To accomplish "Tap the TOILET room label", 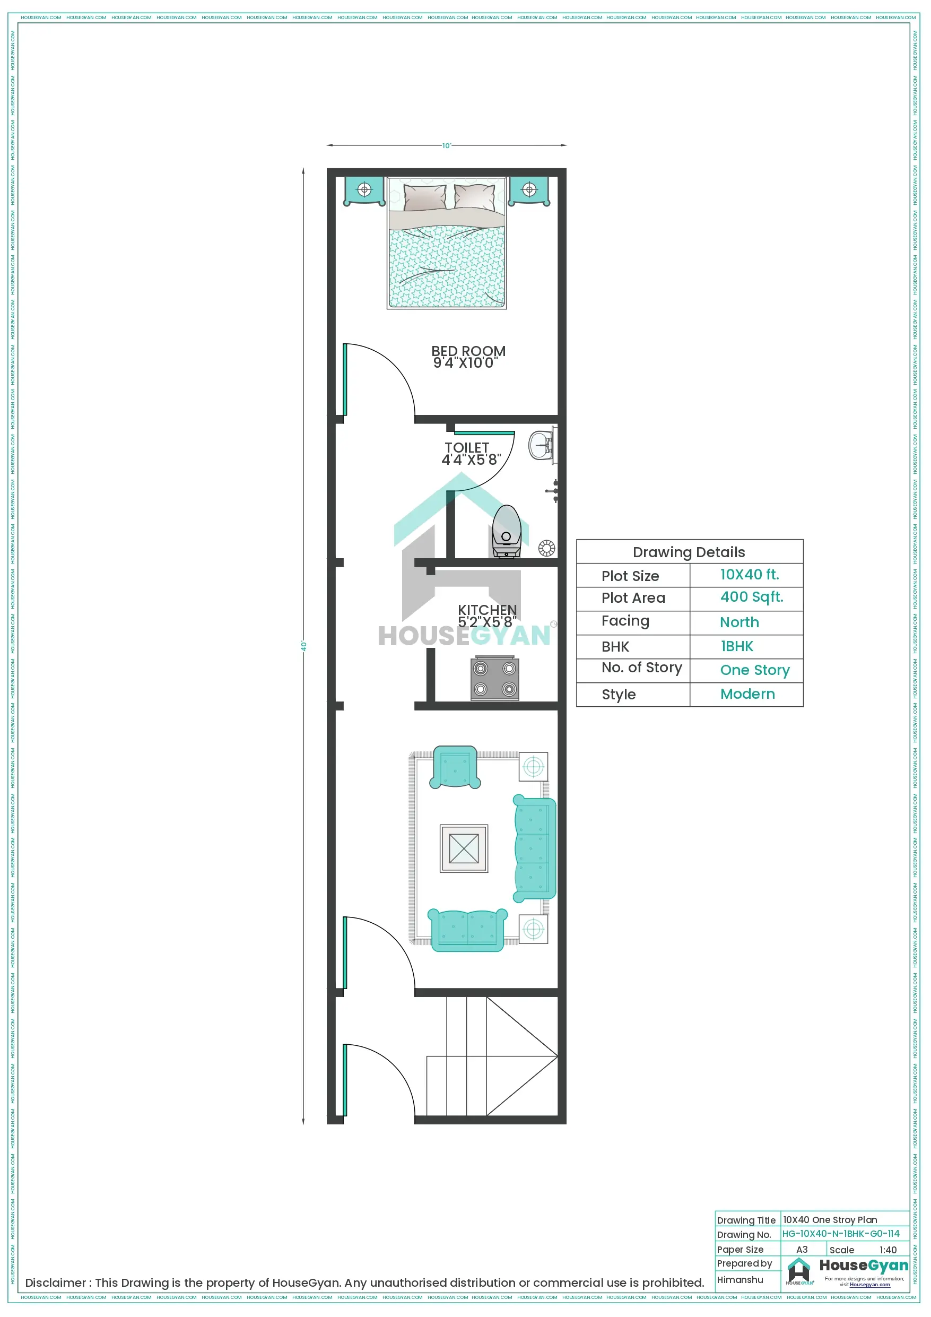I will coord(467,448).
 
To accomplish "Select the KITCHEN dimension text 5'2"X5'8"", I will coord(486,622).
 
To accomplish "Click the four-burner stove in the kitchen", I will coord(494,679).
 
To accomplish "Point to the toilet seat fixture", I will coord(507,530).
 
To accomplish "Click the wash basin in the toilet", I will coord(541,445).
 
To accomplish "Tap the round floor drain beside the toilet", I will coord(546,548).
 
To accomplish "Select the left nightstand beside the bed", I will coord(364,190).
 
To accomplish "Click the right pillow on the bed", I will coord(475,197).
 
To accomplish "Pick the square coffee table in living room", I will coord(464,848).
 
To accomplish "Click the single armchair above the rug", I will coord(455,767).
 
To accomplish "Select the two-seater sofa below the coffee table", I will coord(467,930).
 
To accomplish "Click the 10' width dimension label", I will coord(446,146).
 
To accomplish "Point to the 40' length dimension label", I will coord(304,646).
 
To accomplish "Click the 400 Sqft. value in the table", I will coord(752,597).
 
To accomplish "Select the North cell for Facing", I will coord(739,622).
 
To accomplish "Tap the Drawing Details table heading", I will coord(689,552).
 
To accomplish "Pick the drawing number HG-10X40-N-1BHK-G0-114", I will coord(840,1233).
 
